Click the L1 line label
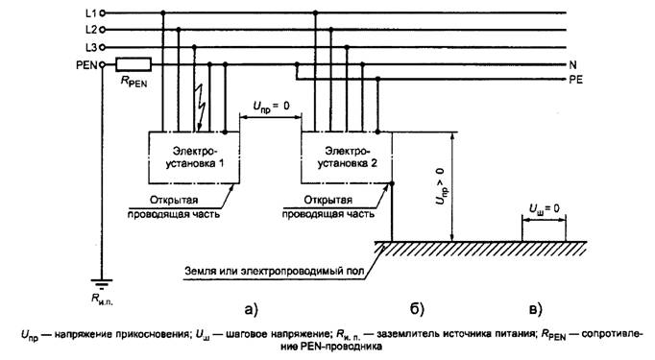90,13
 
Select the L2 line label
90,30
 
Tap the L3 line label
90,47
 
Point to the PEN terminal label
86,65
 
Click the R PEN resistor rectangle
133,64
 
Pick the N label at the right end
572,64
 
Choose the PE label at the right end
575,80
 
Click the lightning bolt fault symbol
201,108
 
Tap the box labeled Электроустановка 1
194,157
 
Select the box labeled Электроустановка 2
347,157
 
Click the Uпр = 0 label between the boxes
271,107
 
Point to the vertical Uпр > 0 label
441,186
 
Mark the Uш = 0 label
544,208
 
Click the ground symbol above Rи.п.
102,284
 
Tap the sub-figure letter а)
252,309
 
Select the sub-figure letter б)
417,309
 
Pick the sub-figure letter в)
536,309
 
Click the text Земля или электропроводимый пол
275,271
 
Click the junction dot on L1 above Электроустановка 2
315,13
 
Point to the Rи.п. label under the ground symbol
102,299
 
